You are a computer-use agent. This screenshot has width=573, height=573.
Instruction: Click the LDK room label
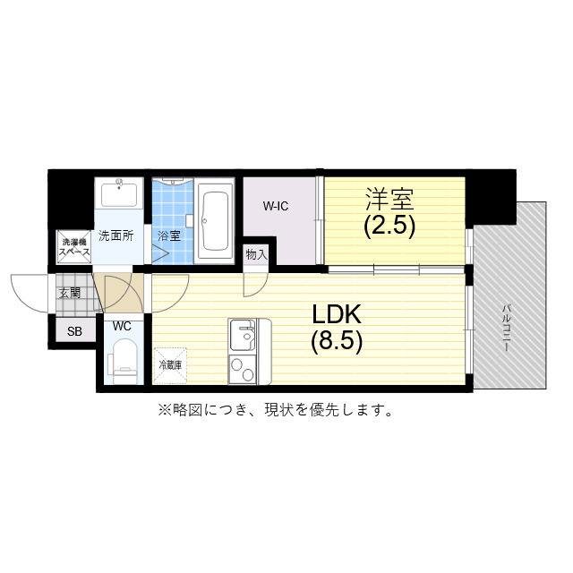point(336,313)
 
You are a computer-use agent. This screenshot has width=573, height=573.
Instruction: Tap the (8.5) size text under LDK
point(336,341)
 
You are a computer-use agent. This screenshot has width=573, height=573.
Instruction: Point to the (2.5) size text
point(389,225)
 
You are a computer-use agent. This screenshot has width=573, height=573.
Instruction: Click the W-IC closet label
point(275,207)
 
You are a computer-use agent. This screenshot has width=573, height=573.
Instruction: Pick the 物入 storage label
point(257,254)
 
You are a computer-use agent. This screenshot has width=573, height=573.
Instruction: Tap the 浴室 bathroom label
point(169,236)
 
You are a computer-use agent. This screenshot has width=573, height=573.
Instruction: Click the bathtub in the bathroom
point(215,220)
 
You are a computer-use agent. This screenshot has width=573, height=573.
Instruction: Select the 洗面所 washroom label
point(115,236)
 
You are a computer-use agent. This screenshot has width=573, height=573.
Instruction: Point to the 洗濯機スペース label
point(73,248)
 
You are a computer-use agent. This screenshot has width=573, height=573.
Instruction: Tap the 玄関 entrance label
point(70,293)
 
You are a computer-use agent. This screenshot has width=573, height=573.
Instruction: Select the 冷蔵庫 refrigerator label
point(170,364)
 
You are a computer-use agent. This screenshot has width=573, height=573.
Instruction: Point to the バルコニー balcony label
point(507,327)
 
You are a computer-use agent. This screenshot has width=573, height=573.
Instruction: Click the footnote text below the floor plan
point(275,411)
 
